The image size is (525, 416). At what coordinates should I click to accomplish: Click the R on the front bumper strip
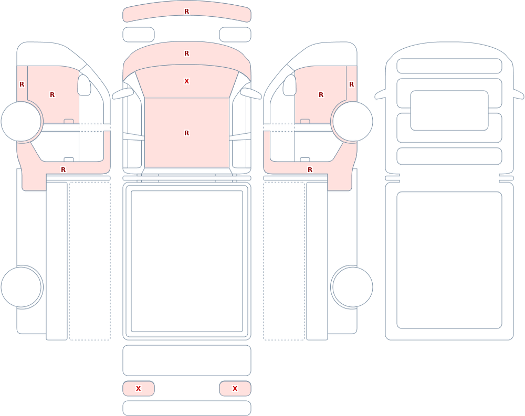pos(187,12)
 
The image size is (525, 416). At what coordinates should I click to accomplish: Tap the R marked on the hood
pos(187,53)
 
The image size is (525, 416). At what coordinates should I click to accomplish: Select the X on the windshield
pos(187,81)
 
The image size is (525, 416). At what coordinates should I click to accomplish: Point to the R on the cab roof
pos(187,133)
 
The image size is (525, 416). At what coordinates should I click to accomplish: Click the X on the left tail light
pos(138,389)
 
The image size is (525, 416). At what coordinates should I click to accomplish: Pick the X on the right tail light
pos(235,389)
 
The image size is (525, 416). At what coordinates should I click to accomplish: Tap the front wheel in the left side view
pos(21,122)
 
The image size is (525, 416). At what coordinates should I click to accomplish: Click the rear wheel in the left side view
pos(21,287)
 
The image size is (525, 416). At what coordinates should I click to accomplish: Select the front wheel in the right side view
pos(352,122)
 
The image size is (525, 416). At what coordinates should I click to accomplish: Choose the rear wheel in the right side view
pos(352,287)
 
